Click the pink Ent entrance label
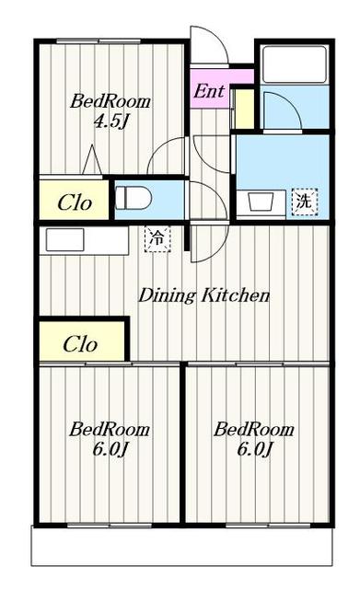pos(209,91)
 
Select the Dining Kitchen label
pos(204,295)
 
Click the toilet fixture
pos(133,198)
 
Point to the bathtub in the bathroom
pos(295,64)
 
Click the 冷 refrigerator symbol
pos(157,238)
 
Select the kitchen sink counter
pos(84,240)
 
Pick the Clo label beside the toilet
pos(74,202)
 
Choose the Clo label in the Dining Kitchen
pos(80,343)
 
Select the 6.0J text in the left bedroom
pos(110,448)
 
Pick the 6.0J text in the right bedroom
pos(254,448)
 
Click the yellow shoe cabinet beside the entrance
pos(244,109)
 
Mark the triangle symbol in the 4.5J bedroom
pos(92,159)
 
